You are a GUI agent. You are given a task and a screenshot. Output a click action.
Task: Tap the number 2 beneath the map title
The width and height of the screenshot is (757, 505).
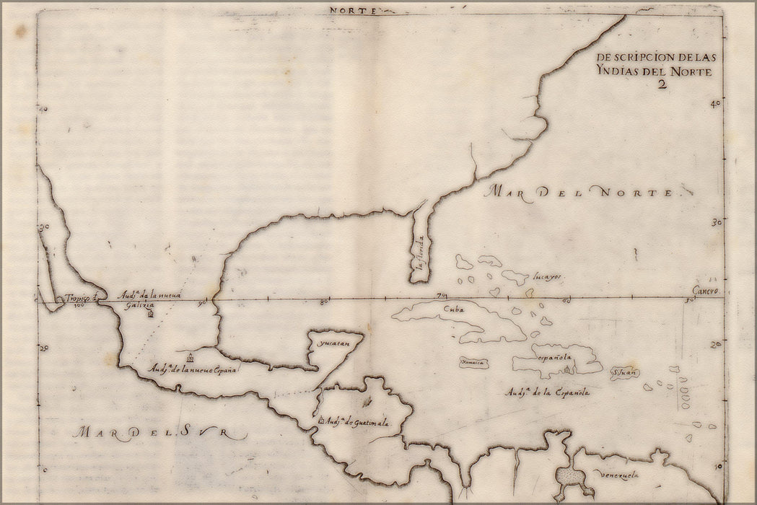pyautogui.click(x=660, y=84)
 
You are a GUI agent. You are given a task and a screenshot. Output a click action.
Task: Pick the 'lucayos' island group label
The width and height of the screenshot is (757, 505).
pyautogui.click(x=547, y=276)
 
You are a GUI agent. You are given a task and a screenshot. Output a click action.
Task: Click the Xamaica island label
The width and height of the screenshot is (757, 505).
pyautogui.click(x=473, y=362)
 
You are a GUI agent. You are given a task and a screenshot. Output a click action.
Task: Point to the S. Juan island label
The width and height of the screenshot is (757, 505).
pyautogui.click(x=623, y=374)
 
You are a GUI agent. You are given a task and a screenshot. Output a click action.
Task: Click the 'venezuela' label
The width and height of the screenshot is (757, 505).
pyautogui.click(x=619, y=475)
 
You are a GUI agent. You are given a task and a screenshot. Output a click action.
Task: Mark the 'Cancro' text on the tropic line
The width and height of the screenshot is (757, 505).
pyautogui.click(x=706, y=291)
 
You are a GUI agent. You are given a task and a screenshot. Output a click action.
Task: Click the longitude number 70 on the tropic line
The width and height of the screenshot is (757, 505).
pyautogui.click(x=442, y=296)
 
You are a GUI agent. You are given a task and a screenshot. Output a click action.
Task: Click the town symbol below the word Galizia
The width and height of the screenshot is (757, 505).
pyautogui.click(x=150, y=315)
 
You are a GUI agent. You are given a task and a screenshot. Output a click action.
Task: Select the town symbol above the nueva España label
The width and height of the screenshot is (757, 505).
pyautogui.click(x=190, y=357)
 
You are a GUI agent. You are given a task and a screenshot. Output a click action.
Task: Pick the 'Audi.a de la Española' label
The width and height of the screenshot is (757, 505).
pyautogui.click(x=548, y=392)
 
